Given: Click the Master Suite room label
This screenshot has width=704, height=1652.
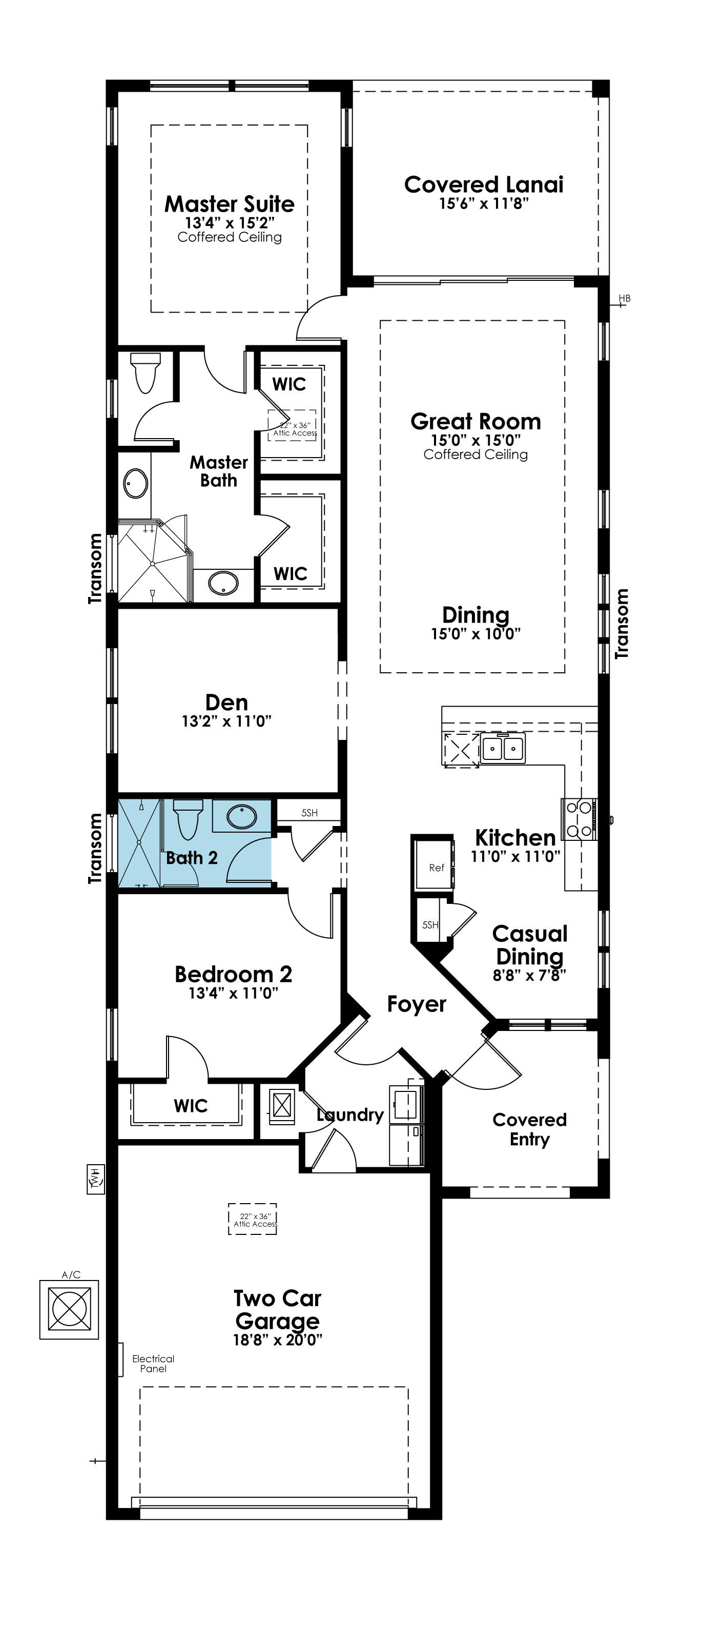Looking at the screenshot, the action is tap(230, 204).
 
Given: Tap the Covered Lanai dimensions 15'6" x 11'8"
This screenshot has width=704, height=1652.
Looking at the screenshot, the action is tap(484, 203).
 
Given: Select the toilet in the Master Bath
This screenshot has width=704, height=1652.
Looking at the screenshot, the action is tap(143, 371).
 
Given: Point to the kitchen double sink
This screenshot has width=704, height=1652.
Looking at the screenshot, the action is tap(503, 748).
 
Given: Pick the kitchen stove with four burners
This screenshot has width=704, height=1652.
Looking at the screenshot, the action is tap(579, 819).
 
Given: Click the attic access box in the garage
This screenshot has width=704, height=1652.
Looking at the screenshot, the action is tap(253, 1219).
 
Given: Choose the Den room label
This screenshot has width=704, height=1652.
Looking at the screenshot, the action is tap(226, 702).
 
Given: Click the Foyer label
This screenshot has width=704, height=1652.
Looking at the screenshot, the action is tap(416, 1004).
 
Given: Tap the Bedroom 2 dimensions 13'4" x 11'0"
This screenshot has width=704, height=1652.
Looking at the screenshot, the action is tap(233, 994).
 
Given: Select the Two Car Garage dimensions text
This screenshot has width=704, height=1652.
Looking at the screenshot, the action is tap(278, 1339).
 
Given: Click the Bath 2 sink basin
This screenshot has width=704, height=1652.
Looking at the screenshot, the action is tap(242, 816).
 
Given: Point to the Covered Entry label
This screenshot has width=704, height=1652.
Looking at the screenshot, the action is tap(530, 1129).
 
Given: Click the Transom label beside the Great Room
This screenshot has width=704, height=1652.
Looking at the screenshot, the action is tap(622, 624).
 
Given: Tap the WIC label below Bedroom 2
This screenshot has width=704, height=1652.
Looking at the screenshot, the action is tap(191, 1106).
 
